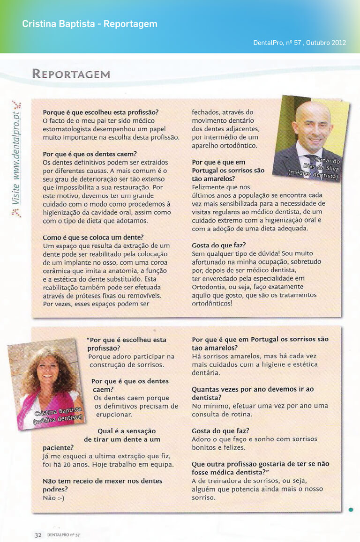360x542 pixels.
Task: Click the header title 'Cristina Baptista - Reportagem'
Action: pos(90,24)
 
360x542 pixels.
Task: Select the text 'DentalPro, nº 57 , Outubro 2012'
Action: pos(300,43)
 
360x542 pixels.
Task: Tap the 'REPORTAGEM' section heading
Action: pos(71,74)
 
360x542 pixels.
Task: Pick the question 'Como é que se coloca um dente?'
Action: pos(93,238)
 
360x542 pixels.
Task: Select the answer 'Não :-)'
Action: pos(53,497)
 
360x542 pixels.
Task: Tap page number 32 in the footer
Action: pos(38,535)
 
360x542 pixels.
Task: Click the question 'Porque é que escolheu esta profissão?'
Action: pos(100,112)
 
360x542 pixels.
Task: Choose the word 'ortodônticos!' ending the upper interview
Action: pos(212,303)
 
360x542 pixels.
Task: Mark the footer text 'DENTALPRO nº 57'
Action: pos(63,535)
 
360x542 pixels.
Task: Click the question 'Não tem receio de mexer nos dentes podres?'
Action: pos(102,485)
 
